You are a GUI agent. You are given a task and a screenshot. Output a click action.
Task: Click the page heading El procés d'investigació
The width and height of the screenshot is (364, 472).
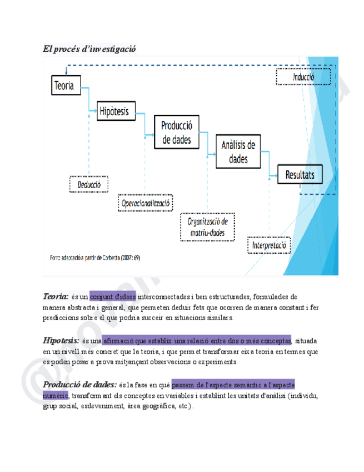[89, 49]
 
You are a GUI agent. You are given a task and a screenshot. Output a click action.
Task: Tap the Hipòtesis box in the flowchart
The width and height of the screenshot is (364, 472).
[114, 112]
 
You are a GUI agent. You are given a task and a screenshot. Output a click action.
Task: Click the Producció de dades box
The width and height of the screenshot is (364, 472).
[176, 133]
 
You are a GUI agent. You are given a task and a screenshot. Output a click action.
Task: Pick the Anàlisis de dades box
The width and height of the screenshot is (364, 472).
[238, 152]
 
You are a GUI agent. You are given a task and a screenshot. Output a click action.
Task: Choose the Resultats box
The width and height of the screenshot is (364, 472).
[300, 176]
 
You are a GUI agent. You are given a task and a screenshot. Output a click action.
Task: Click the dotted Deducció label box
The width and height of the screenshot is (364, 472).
[89, 183]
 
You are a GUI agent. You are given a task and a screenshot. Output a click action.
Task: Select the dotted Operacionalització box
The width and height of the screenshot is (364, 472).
[146, 203]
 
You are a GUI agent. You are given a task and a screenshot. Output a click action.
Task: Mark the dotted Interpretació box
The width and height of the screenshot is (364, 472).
[269, 245]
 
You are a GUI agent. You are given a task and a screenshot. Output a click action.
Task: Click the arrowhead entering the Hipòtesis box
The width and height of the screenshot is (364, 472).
[95, 112]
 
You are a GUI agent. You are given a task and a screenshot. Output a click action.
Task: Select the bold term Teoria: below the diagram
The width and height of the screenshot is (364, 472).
[56, 296]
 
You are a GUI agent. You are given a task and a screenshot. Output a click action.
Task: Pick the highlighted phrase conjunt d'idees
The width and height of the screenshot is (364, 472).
[112, 297]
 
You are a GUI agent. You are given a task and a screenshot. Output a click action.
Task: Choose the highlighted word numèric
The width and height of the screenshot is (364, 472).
[55, 395]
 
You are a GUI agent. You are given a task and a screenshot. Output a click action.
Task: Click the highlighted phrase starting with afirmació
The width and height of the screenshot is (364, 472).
[197, 341]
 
